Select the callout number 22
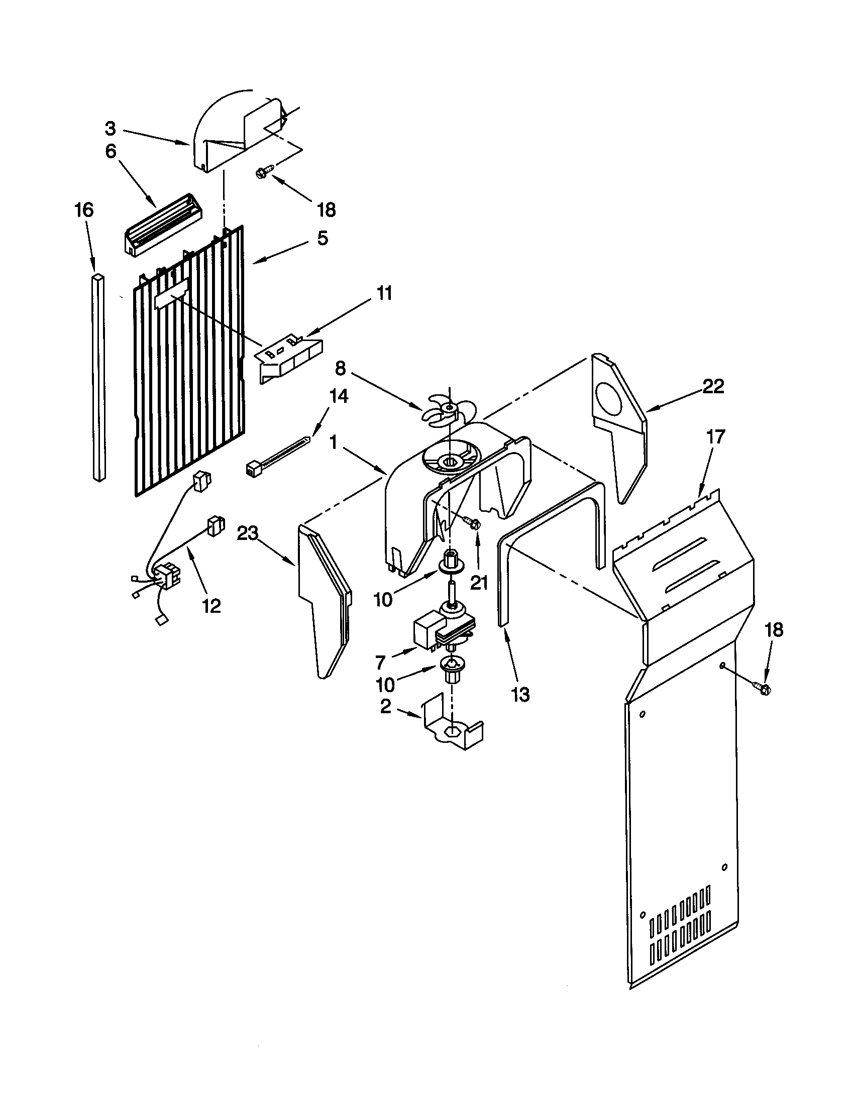coord(713,387)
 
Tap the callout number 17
coord(716,435)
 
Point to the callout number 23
coord(248,533)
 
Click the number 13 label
coord(520,695)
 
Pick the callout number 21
coord(479,583)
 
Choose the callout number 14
coord(339,396)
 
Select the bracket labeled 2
coord(450,734)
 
